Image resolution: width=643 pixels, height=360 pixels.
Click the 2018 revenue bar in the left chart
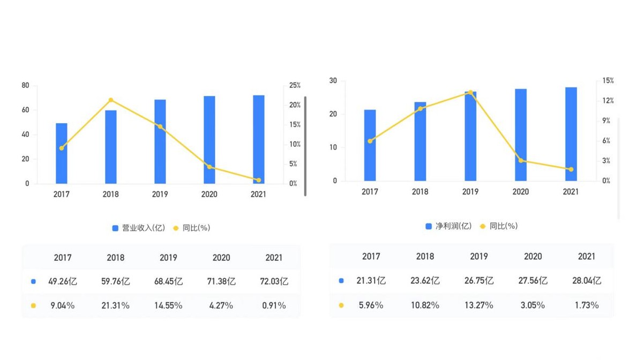111,147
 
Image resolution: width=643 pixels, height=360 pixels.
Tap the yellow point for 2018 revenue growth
111,100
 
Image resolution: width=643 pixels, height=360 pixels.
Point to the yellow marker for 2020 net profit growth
521,161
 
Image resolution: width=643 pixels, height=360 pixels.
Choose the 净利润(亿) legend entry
448,227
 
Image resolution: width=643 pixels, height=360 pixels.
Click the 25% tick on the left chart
295,86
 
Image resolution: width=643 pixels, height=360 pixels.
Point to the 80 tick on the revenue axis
26,86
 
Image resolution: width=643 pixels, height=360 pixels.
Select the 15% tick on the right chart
608,81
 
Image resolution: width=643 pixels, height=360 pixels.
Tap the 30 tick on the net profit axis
333,81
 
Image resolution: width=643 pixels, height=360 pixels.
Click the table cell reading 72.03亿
273,281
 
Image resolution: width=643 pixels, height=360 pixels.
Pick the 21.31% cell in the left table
115,305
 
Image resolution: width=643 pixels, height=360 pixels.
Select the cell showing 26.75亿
479,281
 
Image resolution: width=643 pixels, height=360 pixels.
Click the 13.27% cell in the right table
479,305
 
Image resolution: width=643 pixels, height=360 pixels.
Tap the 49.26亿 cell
63,281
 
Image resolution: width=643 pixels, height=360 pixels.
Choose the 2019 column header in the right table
479,257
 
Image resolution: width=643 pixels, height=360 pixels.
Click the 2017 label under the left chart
61,194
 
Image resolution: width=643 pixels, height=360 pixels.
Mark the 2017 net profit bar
370,145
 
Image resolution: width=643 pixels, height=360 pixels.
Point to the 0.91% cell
273,305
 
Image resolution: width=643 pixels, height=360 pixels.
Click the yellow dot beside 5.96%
341,305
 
